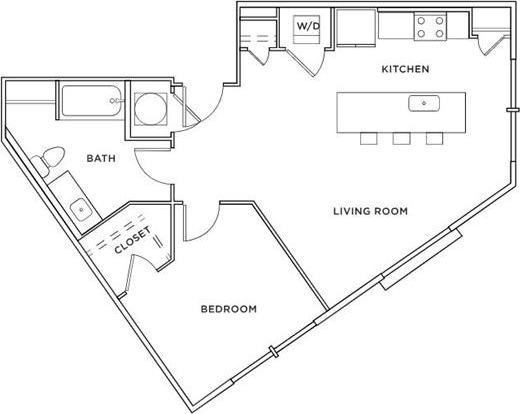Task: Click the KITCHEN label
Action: click(x=406, y=70)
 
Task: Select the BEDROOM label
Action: click(x=229, y=309)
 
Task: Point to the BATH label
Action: click(x=100, y=158)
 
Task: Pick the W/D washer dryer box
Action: click(x=306, y=27)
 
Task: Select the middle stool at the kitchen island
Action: click(x=401, y=138)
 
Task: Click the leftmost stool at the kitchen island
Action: click(x=369, y=138)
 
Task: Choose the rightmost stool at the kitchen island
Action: click(x=433, y=138)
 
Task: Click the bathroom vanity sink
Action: click(x=79, y=209)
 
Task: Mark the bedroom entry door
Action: click(x=200, y=222)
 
